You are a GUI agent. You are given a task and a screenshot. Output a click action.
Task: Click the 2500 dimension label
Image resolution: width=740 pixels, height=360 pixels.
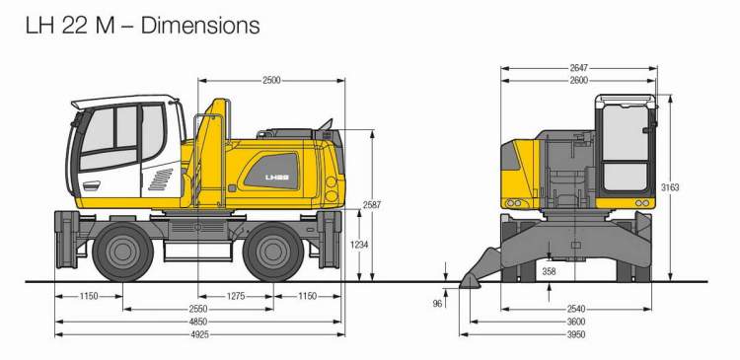[271, 81]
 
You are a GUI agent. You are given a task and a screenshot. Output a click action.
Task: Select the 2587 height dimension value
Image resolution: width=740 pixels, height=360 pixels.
[372, 205]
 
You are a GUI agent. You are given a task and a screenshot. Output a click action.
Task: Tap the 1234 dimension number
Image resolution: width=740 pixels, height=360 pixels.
[359, 245]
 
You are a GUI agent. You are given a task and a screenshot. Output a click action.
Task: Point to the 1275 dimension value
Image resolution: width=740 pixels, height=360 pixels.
[236, 296]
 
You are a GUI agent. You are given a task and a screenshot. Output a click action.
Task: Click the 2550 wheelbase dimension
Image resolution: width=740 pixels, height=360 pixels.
[198, 309]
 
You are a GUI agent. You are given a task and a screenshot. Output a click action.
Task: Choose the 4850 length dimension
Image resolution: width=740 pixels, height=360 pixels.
[198, 322]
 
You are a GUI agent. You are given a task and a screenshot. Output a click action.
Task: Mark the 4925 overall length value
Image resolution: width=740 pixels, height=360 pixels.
[198, 334]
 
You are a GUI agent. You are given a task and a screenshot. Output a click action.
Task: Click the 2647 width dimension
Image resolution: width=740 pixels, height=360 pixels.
[578, 68]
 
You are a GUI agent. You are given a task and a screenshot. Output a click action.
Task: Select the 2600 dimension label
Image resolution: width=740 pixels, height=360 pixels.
[578, 81]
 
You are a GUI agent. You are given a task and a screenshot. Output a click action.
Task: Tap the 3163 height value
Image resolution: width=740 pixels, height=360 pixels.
[670, 187]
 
